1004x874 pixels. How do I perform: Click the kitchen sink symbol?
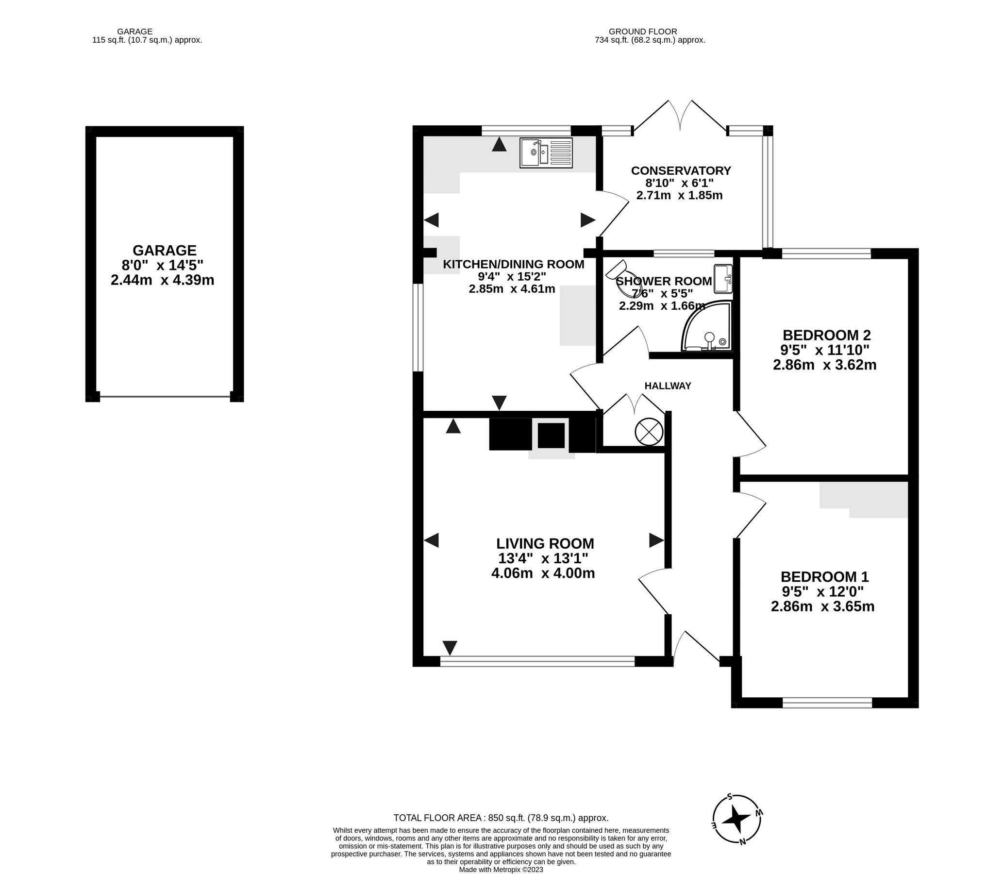[547, 153]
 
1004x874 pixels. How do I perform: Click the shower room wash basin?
[723, 279]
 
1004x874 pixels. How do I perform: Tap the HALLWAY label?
[668, 386]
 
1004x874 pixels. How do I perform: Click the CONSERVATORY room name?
[681, 171]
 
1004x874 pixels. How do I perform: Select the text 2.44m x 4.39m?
[162, 280]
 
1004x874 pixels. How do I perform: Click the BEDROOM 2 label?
[826, 335]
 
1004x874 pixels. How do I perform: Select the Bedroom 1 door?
[750, 515]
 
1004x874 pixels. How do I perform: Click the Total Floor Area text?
[501, 818]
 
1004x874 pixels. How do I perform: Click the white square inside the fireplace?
[551, 436]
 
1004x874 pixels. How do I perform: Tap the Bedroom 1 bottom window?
[827, 703]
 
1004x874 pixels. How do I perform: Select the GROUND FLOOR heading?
[643, 32]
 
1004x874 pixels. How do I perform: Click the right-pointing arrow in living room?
[656, 540]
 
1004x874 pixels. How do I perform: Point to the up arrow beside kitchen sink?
[499, 144]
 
